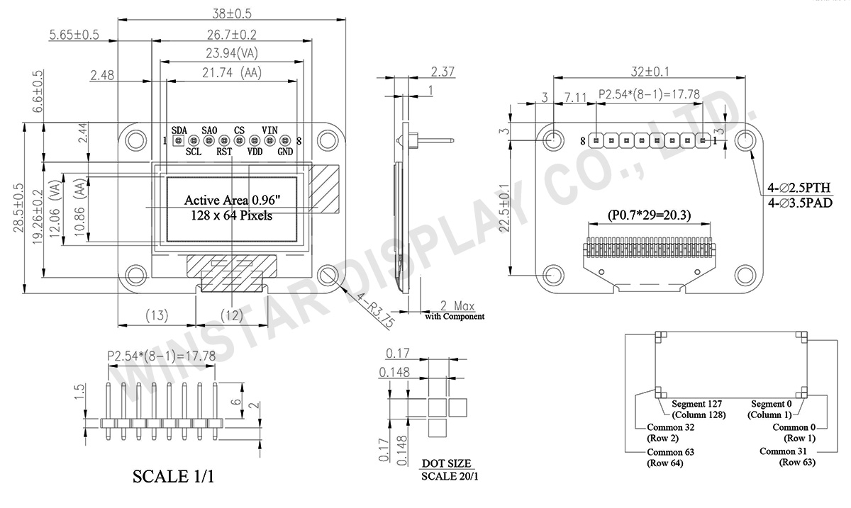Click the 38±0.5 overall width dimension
point(232,14)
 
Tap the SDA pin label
point(179,130)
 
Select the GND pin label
point(285,152)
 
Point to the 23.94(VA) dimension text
point(232,53)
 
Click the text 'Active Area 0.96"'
point(232,200)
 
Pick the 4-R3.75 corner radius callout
point(374,310)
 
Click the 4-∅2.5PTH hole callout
point(799,188)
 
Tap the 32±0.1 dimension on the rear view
point(650,72)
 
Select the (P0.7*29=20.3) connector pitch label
point(649,215)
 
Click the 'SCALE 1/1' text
point(173,477)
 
